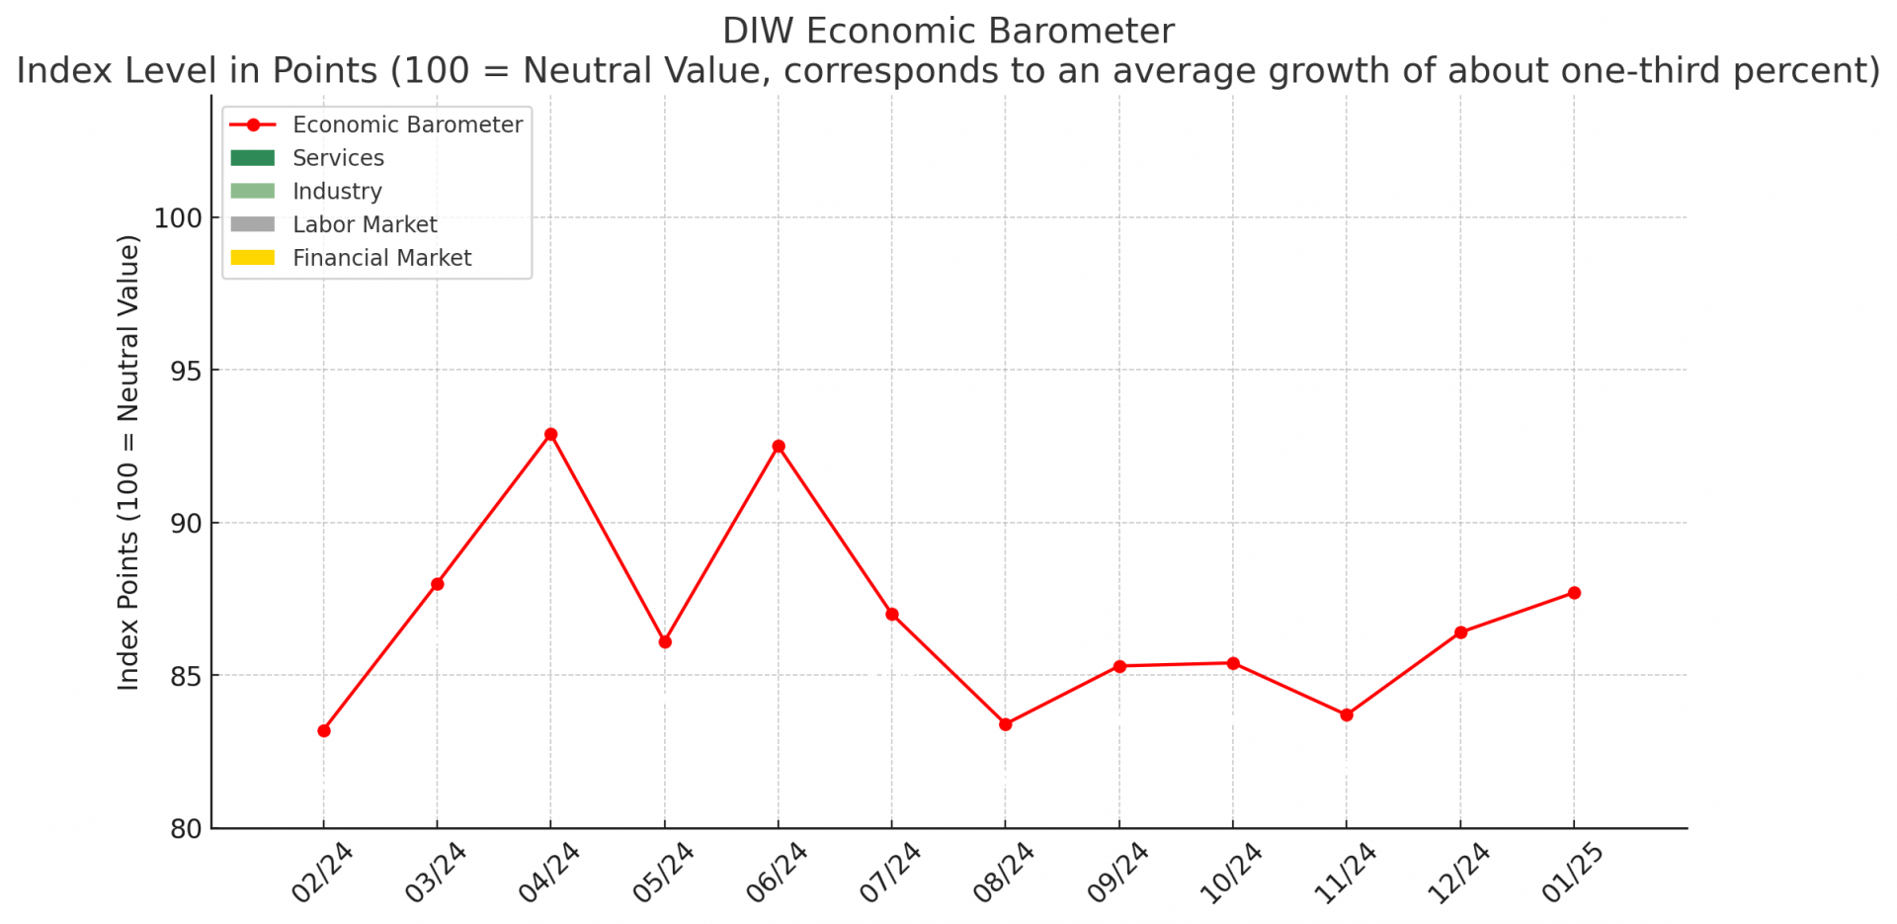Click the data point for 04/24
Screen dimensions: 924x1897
pos(551,435)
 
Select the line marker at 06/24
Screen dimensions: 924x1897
pos(779,447)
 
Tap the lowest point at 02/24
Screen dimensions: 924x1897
pos(324,731)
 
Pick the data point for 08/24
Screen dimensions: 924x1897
pos(1006,724)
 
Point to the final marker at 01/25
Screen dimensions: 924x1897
pos(1574,593)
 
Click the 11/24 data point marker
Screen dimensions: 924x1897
pos(1347,714)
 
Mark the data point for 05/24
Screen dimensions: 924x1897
pos(665,642)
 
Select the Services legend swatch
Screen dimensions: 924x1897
pos(253,158)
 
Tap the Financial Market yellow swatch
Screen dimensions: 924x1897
pos(253,258)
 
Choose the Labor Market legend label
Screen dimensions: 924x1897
pos(365,224)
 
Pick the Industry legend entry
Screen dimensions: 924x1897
pos(337,192)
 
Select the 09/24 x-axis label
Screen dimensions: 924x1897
pos(1118,872)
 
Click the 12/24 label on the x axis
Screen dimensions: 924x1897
pos(1459,872)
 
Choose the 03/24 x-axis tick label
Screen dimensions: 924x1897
pos(436,872)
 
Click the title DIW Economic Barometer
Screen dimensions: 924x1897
pos(948,32)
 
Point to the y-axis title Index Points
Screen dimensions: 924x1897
pos(128,462)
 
